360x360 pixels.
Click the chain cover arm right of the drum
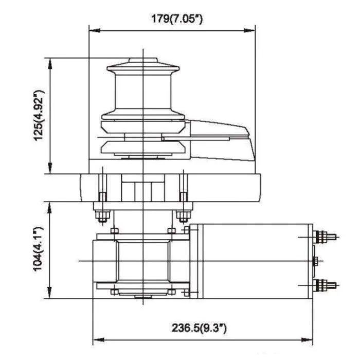tap(221, 132)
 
